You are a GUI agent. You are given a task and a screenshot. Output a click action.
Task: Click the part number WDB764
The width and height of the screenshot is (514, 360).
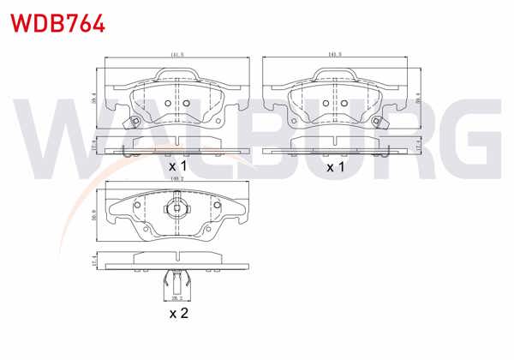coord(57,21)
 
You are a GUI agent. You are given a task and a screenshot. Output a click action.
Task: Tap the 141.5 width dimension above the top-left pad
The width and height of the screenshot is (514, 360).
coord(177,55)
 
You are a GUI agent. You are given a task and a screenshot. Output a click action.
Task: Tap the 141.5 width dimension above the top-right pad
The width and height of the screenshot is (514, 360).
coord(335,55)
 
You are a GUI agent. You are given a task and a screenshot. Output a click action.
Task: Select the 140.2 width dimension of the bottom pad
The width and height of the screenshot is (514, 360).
coord(178,178)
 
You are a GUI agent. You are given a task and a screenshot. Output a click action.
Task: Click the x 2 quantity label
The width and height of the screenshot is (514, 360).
coord(178,315)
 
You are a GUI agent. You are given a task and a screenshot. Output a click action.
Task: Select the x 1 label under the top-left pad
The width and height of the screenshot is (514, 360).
coord(177,165)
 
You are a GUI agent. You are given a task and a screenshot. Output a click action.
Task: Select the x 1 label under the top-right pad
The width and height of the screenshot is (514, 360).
coord(335,166)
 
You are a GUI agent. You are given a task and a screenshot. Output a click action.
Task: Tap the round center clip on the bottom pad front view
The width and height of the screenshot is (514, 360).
coord(177,208)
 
